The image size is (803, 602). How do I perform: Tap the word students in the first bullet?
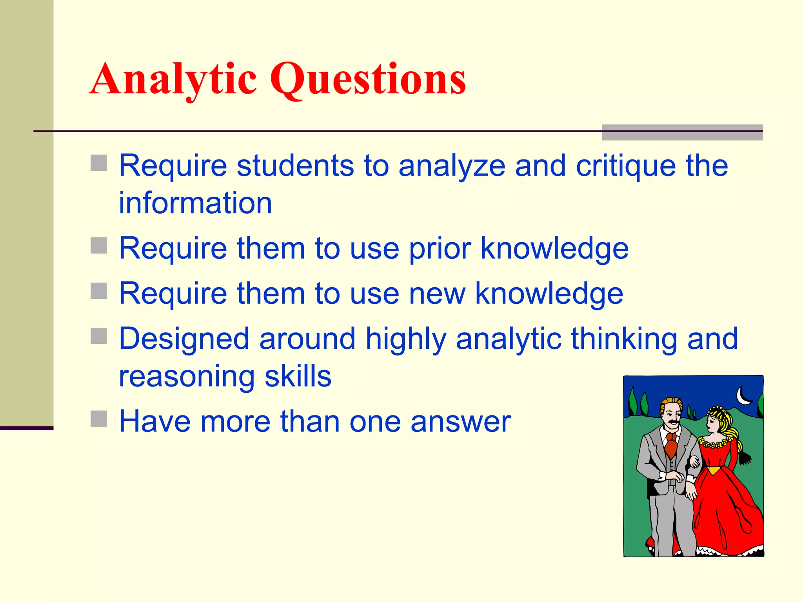point(295,166)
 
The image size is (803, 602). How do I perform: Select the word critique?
point(626,166)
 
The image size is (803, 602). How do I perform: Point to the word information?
point(195,203)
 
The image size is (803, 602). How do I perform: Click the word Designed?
point(184,339)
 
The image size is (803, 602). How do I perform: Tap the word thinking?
point(624,339)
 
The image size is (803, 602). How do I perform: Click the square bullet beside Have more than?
point(99,419)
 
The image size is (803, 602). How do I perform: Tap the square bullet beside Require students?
point(99,163)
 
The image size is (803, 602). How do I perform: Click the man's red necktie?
point(671,445)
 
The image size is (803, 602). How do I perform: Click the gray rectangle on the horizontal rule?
point(682,132)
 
